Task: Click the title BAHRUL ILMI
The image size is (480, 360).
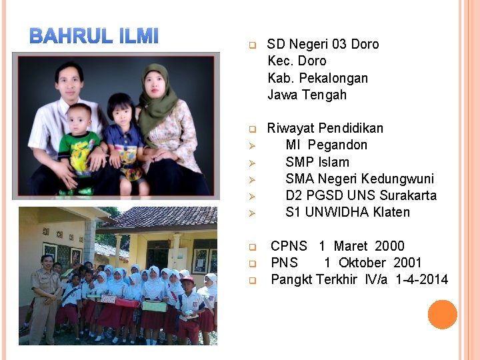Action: pos(94,36)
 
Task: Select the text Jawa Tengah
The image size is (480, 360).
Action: pos(307,95)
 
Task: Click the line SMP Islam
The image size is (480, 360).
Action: pos(317,162)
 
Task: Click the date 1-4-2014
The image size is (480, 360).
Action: pos(422,279)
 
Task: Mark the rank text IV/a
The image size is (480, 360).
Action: pos(377,279)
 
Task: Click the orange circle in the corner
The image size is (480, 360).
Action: pos(442,315)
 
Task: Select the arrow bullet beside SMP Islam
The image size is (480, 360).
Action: pos(253,163)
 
